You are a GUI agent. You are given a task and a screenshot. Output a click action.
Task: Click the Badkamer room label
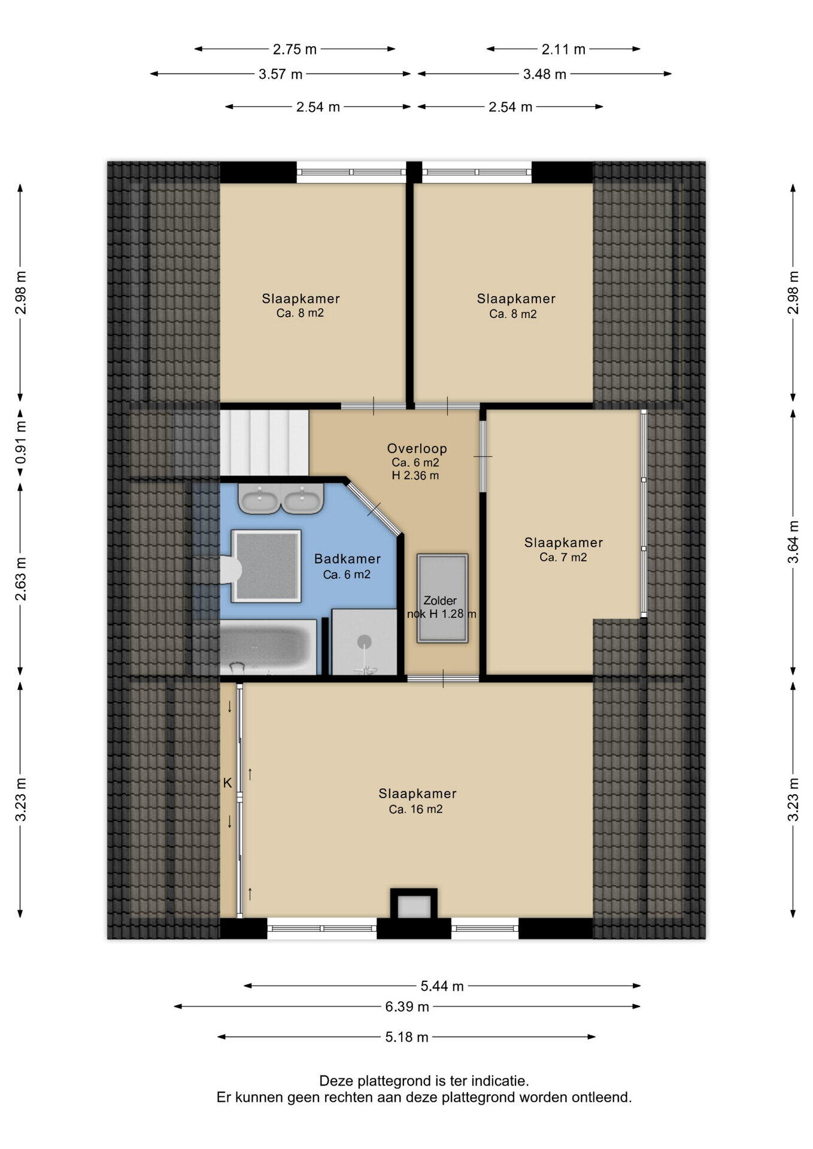[347, 559]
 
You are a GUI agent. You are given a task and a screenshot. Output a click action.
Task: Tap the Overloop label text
[417, 448]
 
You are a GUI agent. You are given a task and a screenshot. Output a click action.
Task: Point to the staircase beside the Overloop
[264, 442]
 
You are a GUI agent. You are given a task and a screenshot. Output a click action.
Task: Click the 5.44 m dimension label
[442, 986]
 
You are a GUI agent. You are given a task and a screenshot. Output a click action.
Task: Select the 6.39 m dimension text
[407, 1007]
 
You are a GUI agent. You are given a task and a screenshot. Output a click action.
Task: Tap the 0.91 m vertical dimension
[21, 443]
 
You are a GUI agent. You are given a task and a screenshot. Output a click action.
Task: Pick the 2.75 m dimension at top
[295, 49]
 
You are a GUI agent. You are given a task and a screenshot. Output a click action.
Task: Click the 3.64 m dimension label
[793, 542]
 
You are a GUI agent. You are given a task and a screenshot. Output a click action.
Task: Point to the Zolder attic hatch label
[440, 600]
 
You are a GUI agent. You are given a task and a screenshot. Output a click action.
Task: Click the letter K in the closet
[227, 783]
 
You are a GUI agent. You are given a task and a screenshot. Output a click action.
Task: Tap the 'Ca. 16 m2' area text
[415, 809]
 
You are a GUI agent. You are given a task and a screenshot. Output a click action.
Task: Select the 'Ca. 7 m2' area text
[563, 557]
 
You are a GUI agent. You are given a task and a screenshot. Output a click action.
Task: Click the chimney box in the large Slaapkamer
[414, 904]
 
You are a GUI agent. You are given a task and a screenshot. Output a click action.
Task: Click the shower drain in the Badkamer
[365, 642]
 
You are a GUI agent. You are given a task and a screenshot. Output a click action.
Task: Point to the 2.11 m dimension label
[563, 49]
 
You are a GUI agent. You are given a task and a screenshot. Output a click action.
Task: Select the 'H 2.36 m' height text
[415, 476]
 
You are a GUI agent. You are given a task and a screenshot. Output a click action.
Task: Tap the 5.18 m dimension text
[407, 1037]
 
